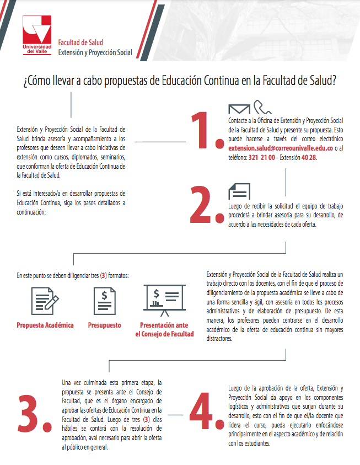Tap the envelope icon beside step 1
[238, 109]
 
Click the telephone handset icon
[259, 107]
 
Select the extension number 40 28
[309, 157]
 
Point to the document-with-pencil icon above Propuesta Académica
[45, 301]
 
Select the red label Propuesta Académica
[45, 325]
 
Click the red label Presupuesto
[104, 325]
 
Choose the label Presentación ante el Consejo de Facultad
[164, 329]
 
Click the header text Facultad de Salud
[80, 42]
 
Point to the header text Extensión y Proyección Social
[95, 53]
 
